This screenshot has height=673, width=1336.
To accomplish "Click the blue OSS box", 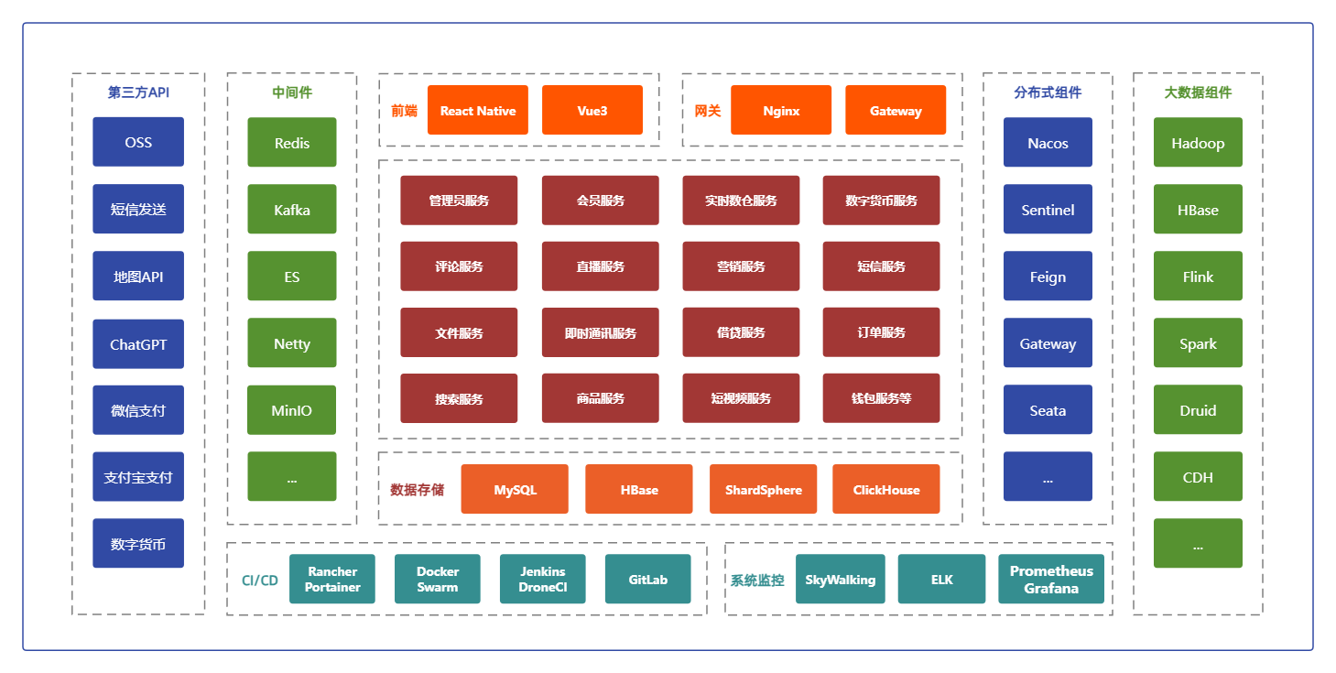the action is click(x=138, y=142).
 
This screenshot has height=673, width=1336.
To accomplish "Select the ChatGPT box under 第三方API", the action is click(x=138, y=344).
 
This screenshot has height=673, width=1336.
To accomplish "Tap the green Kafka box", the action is click(x=292, y=210).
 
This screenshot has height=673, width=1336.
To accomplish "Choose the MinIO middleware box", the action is click(x=292, y=410).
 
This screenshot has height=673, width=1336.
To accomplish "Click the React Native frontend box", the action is click(x=478, y=111).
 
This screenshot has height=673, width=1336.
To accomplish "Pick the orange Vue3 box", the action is click(x=592, y=111).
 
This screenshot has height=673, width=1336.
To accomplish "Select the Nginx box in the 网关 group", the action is click(x=781, y=111).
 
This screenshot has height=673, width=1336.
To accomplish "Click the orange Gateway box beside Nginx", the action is click(x=896, y=111).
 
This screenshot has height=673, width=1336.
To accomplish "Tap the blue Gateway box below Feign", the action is click(x=1048, y=343).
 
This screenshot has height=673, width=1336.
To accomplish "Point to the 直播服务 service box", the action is click(x=600, y=266).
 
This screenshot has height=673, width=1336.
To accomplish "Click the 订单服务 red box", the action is click(x=881, y=332).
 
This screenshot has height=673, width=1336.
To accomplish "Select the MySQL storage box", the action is click(x=515, y=489).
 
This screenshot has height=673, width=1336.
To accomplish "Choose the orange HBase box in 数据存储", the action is click(x=639, y=489).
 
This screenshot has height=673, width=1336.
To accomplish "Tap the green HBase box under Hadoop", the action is click(x=1198, y=210).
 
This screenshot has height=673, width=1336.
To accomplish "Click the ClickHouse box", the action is click(x=886, y=489).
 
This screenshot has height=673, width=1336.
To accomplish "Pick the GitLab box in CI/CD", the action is click(x=647, y=580).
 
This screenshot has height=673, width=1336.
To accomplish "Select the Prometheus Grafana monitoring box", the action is click(x=1051, y=580).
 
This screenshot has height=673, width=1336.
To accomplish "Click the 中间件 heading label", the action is click(x=292, y=92).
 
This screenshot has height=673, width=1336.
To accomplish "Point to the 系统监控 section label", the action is click(x=757, y=580).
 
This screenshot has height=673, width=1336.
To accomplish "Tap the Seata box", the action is click(x=1048, y=410).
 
